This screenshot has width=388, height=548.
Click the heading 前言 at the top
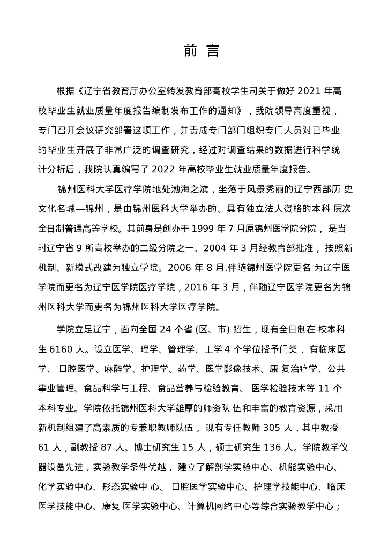(201, 51)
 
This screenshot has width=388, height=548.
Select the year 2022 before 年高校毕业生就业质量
(168, 170)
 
